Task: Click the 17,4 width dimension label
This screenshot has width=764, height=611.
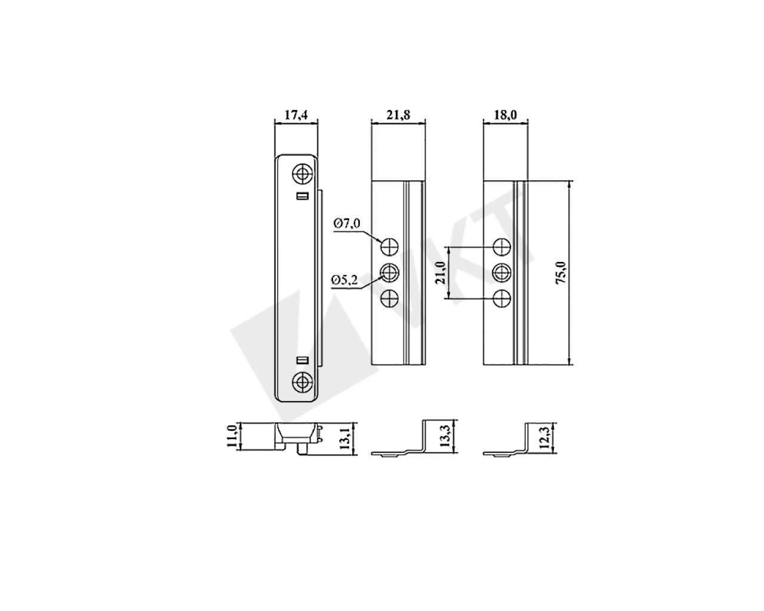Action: point(296,115)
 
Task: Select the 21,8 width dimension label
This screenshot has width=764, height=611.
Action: point(398,115)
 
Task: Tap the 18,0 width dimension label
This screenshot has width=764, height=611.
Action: point(506,115)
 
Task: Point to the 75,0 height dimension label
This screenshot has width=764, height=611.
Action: point(561,272)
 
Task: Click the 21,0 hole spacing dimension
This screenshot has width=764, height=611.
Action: point(440,272)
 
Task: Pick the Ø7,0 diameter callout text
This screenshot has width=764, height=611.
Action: point(347,224)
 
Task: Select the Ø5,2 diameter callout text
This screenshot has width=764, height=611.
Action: point(344,280)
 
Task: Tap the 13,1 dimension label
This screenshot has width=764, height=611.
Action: point(345,439)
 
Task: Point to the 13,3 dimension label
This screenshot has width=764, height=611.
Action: point(445,437)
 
